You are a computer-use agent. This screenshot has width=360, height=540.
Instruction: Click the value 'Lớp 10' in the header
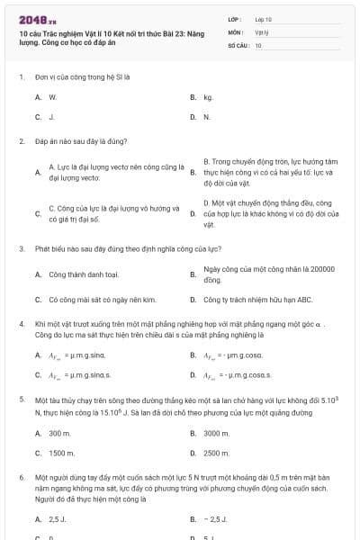pyautogui.click(x=264, y=18)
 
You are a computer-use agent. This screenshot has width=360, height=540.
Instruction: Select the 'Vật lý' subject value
pyautogui.click(x=262, y=31)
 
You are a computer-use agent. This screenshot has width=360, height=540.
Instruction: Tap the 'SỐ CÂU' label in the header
pyautogui.click(x=238, y=43)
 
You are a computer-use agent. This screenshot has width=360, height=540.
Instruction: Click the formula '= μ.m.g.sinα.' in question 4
pyautogui.click(x=88, y=355)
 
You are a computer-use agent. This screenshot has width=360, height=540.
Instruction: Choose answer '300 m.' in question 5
pyautogui.click(x=59, y=433)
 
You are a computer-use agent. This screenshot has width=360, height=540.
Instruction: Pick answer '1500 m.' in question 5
pyautogui.click(x=61, y=454)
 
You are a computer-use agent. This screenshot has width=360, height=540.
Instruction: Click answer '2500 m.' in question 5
pyautogui.click(x=216, y=454)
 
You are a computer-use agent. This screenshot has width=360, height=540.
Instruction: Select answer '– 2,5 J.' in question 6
pyautogui.click(x=216, y=519)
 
